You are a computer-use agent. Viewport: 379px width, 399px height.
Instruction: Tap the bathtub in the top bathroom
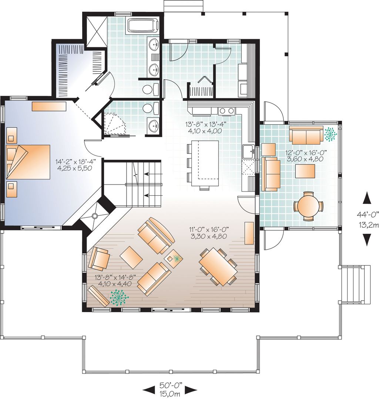pos(143,26)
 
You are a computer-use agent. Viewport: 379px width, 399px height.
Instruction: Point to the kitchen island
pos(205,163)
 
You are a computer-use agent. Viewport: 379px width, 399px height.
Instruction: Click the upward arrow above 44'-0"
pos(366,198)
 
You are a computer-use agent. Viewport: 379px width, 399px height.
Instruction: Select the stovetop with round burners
pos(226,110)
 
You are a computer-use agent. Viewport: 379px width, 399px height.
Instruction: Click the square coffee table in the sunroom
pos(305,171)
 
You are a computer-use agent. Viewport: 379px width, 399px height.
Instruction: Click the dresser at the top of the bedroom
pos(49,106)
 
